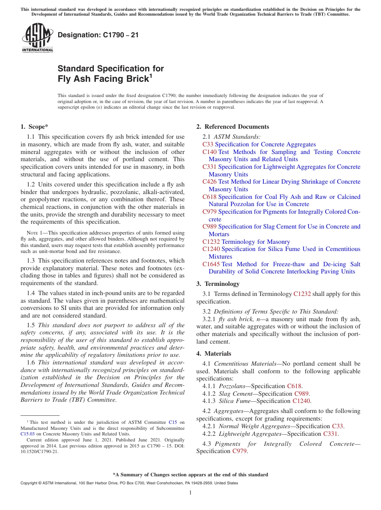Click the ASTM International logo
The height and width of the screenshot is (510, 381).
point(37,38)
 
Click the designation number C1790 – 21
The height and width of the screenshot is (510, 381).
point(98,35)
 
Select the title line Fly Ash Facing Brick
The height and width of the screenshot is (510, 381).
point(103,79)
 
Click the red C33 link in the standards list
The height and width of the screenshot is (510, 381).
point(208,144)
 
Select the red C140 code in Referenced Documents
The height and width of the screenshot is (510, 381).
point(209,152)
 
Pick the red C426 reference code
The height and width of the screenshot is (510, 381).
point(209,182)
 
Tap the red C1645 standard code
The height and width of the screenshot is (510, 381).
point(211,264)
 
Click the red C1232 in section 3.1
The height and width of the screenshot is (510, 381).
point(302,294)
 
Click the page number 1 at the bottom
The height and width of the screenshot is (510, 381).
point(190,492)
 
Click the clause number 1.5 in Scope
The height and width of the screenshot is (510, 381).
point(31,325)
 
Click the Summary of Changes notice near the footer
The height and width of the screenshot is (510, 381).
point(190,475)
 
